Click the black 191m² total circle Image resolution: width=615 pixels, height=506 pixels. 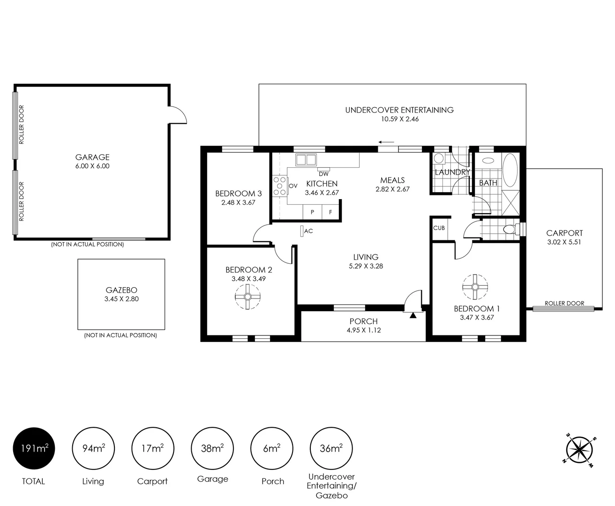click(33, 449)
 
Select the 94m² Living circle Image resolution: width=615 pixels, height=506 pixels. click(93, 449)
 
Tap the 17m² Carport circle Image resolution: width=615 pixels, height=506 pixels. click(152, 449)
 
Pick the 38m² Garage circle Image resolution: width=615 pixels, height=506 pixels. click(212, 449)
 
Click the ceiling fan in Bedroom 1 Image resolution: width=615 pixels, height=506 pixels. click(475, 287)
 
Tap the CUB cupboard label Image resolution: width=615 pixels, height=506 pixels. click(439, 228)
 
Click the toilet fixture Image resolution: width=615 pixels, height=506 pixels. click(509, 230)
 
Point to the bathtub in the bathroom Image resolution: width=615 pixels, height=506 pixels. click(510, 171)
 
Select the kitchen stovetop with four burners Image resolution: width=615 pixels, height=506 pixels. click(280, 186)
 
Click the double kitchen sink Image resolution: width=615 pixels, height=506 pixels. click(305, 159)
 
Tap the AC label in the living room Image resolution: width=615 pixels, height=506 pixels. click(308, 231)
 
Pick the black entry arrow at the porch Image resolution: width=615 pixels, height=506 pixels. click(412, 315)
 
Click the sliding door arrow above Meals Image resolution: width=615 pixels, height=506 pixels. click(387, 142)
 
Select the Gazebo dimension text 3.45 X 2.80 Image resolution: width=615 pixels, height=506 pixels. click(121, 299)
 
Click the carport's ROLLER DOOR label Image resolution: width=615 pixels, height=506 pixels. click(564, 303)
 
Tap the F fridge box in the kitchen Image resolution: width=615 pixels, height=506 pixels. click(330, 212)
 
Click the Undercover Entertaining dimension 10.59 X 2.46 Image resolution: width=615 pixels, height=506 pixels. click(399, 119)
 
